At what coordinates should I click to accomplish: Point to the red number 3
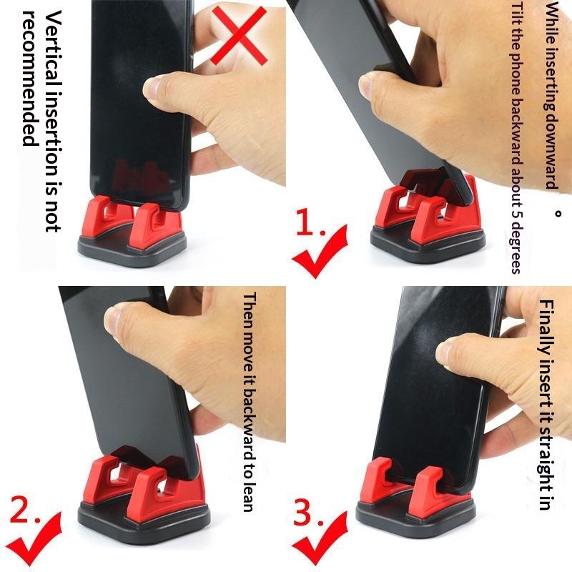pos(307,510)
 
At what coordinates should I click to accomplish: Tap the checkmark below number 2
pos(34,540)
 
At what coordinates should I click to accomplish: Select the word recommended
pos(30,78)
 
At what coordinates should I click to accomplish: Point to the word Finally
pos(546,327)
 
